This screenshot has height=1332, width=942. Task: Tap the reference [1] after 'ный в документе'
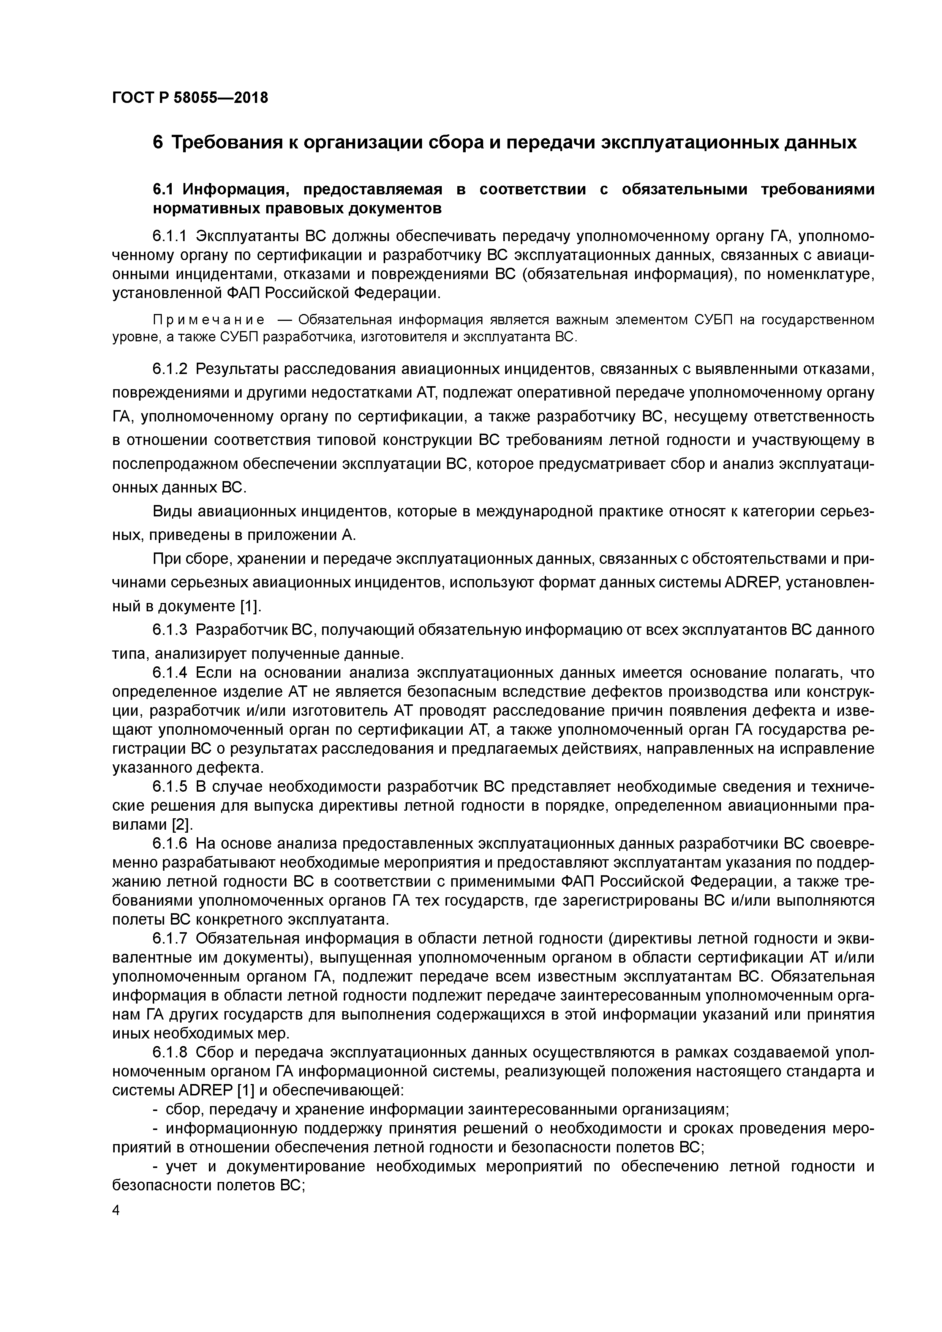pos(250,606)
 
